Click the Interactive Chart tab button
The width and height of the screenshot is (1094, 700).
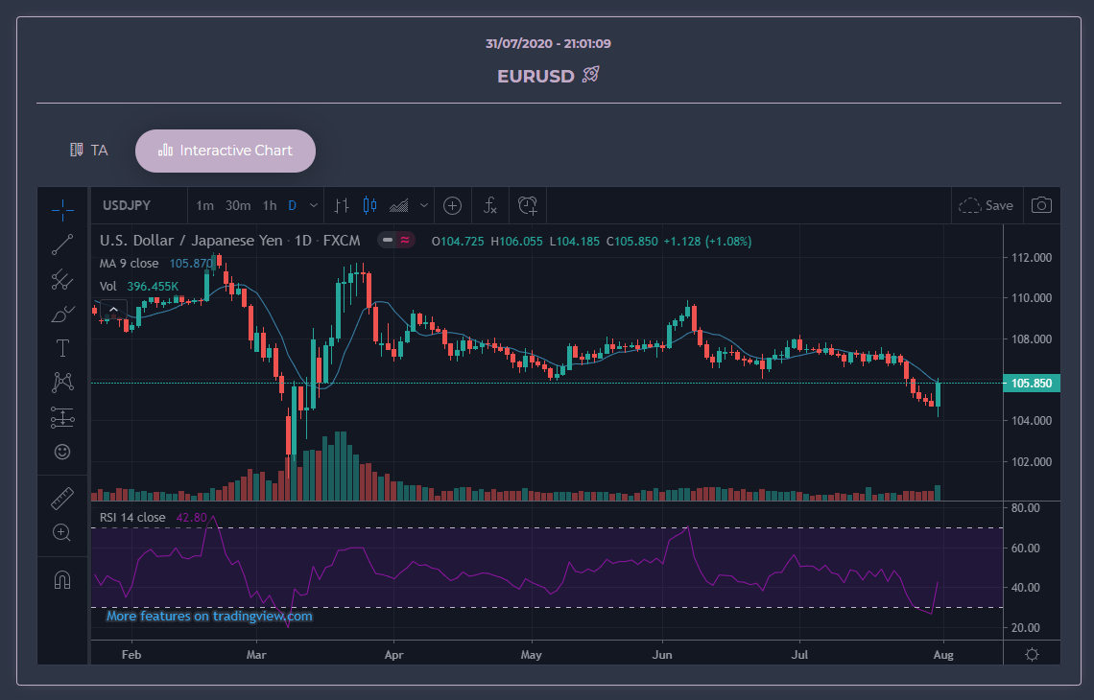pos(226,151)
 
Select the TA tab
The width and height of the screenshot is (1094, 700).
pos(89,151)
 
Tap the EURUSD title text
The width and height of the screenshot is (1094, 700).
pos(535,76)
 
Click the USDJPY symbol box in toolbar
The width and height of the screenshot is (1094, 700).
pos(127,205)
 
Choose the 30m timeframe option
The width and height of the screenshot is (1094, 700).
pos(238,205)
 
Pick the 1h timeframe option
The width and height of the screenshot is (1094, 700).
pos(270,205)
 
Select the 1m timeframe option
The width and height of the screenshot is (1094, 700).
pos(205,205)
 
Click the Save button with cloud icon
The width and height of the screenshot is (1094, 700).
pos(987,205)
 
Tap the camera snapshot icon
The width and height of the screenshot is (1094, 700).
pos(1041,205)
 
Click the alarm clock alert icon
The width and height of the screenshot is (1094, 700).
pos(528,205)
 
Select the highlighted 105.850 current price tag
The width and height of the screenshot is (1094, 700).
pos(1033,384)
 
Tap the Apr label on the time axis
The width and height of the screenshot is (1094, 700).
pos(393,655)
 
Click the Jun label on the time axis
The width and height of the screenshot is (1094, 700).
pos(661,655)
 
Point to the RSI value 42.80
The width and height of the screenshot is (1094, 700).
pos(191,518)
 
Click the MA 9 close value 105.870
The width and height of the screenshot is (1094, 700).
pos(191,264)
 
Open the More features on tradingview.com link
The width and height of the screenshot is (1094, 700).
pos(209,617)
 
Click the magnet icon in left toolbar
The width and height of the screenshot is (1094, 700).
pos(62,581)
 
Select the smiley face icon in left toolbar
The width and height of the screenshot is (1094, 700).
pos(62,451)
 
